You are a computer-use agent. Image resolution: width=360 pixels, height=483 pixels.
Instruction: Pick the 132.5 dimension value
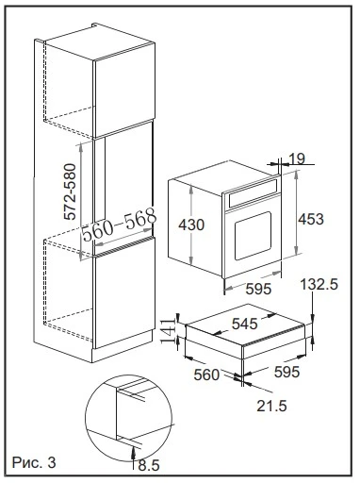coord(320,284)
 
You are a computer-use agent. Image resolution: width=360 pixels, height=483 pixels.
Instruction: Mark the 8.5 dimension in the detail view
coord(148,465)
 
